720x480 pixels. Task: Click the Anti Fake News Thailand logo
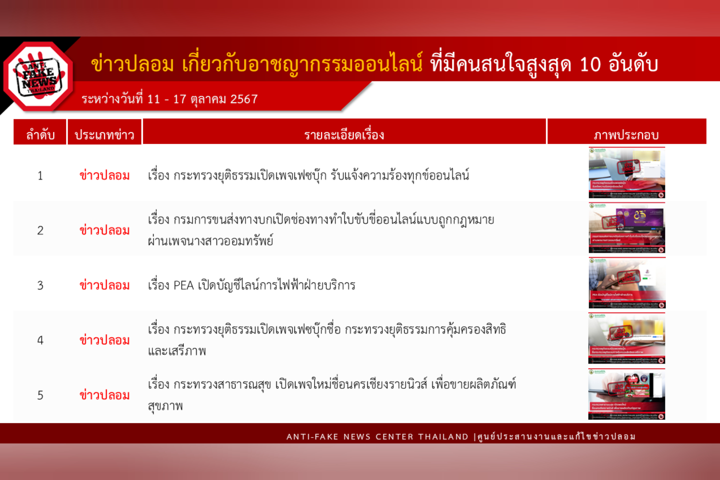[x=38, y=77]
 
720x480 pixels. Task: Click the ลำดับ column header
[x=40, y=135]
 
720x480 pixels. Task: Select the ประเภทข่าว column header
[x=104, y=135]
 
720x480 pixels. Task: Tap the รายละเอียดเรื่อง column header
[x=344, y=135]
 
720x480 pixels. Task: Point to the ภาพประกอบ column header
[x=626, y=135]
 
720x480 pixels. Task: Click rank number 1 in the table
[x=40, y=176]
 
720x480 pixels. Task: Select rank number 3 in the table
[x=40, y=286]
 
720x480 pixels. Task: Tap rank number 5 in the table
[x=40, y=396]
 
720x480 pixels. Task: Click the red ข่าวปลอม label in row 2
[x=104, y=230]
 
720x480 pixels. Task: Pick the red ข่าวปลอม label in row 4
[x=104, y=340]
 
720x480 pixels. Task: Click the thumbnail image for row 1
[x=627, y=173]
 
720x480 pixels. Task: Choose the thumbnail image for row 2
[x=627, y=228]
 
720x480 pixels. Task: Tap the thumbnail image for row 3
[x=627, y=283]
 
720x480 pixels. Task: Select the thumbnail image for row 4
[x=627, y=338]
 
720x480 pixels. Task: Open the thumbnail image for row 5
[x=627, y=394]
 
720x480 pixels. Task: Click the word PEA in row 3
[x=183, y=286]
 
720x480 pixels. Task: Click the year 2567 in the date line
[x=244, y=99]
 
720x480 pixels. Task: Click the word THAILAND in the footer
[x=443, y=437]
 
